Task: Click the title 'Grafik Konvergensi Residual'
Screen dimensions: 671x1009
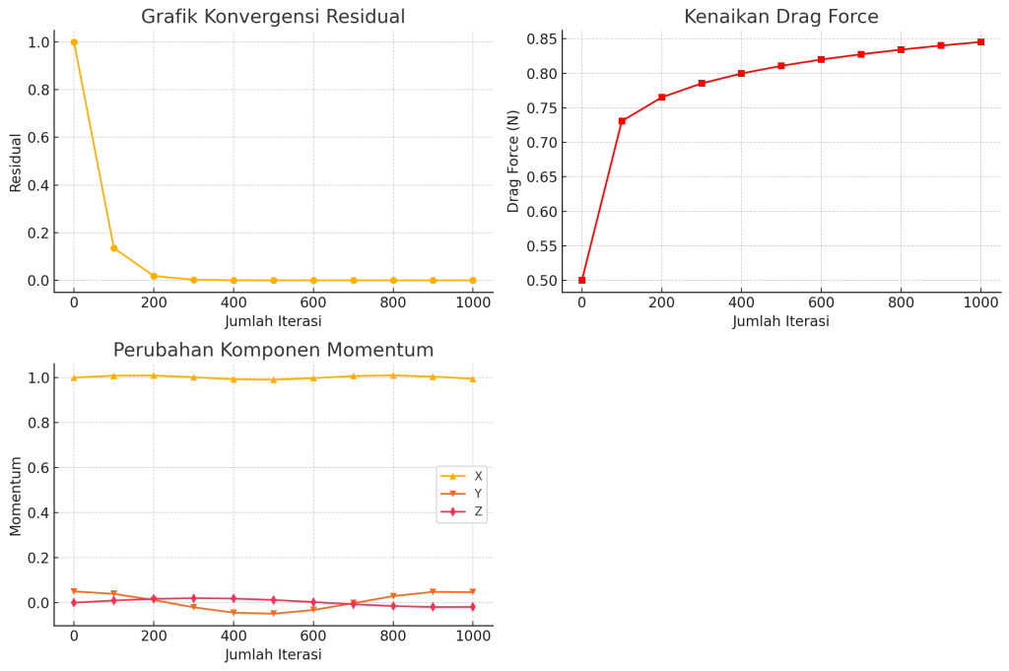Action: pos(273,17)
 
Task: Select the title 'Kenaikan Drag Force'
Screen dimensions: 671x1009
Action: pos(781,17)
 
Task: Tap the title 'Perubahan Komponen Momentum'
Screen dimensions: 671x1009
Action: pos(273,351)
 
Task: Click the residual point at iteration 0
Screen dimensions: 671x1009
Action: pos(74,42)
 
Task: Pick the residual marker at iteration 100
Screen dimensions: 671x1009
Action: pos(113,248)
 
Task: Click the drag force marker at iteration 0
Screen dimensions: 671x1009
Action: pos(582,280)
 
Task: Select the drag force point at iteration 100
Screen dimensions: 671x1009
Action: pos(622,121)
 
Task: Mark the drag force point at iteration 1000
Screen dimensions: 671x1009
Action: pos(980,41)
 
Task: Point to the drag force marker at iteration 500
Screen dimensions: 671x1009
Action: pos(781,66)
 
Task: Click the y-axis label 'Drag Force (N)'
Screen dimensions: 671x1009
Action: pos(513,162)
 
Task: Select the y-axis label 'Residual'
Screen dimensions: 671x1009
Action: pos(16,162)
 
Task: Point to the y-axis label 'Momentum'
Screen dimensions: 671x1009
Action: pos(16,495)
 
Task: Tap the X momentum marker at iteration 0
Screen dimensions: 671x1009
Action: pos(74,377)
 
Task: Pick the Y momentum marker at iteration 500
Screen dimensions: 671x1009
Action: pos(273,614)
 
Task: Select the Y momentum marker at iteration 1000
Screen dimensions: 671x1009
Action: pos(472,592)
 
